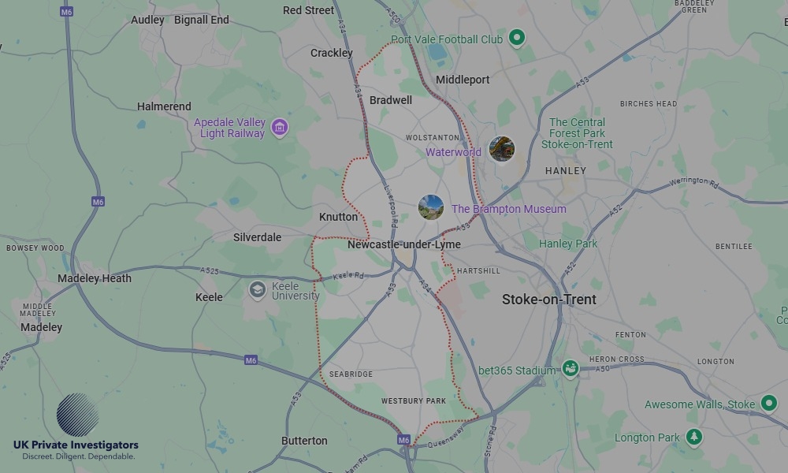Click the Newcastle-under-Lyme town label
(x=403, y=245)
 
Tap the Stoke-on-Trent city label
(x=549, y=300)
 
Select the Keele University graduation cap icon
(x=257, y=290)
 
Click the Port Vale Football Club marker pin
(x=516, y=36)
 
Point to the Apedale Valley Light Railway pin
(x=278, y=126)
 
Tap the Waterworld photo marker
(x=501, y=148)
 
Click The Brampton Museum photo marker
(x=430, y=208)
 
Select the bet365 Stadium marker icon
(x=570, y=368)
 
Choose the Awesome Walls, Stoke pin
(x=768, y=404)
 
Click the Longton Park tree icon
(x=693, y=436)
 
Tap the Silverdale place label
(x=257, y=237)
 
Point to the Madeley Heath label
(x=95, y=278)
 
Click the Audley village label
(x=147, y=20)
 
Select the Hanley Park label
(x=568, y=244)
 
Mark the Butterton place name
(x=304, y=441)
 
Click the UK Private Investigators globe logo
(x=77, y=415)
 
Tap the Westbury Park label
(x=414, y=401)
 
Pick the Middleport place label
(x=463, y=80)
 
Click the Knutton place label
(x=338, y=217)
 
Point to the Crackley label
(x=332, y=53)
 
